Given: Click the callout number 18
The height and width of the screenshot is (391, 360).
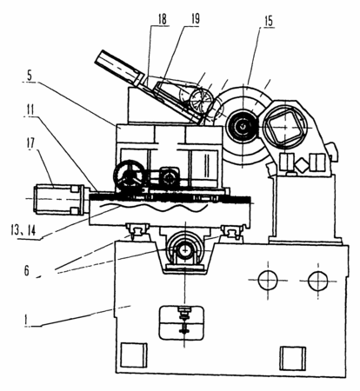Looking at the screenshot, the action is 163,19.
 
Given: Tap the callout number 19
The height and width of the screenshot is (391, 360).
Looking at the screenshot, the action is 196,19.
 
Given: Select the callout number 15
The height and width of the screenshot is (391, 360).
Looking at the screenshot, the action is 269,21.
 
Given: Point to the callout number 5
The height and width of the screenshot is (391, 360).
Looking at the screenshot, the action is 30,76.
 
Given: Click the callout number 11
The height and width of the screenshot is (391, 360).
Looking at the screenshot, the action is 30,109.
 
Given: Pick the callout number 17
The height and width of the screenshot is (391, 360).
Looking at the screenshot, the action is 30,143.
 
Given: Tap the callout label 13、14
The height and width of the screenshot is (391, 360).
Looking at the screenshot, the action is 23,230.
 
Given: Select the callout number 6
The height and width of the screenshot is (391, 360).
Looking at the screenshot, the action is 27,270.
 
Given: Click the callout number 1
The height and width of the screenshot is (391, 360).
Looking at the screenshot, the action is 26,320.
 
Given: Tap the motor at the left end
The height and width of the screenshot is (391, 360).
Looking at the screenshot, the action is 59,200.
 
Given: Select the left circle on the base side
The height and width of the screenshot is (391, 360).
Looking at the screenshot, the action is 268,281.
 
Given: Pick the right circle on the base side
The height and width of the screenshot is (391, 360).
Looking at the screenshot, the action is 318,281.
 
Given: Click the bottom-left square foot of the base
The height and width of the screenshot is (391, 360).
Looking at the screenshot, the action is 133,355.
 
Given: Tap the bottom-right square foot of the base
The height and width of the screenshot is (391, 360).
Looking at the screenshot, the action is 293,358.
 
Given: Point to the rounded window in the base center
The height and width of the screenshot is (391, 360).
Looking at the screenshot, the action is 182,322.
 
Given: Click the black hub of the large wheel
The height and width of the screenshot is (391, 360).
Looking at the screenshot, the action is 243,126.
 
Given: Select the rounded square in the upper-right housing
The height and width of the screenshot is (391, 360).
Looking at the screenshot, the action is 285,124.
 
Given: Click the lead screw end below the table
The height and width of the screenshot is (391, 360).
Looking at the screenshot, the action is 184,249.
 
